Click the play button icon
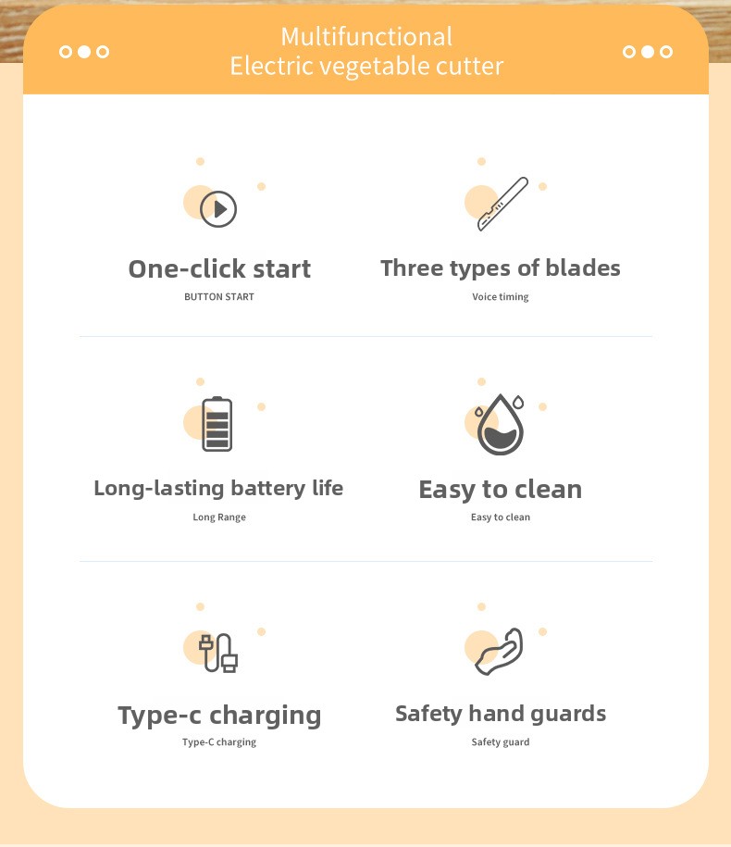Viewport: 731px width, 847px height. tap(218, 209)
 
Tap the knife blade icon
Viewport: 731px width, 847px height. tap(502, 204)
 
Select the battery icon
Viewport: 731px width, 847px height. tap(217, 424)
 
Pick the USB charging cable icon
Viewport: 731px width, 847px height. tap(218, 654)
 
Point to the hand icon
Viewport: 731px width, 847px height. tap(500, 652)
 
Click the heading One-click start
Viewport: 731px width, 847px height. tap(219, 269)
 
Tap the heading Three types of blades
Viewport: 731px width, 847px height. tap(501, 268)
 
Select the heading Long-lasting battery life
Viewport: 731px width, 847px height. tap(218, 489)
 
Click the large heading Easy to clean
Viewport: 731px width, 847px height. tap(501, 490)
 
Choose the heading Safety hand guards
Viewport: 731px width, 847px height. tap(501, 714)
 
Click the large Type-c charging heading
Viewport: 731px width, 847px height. tap(219, 716)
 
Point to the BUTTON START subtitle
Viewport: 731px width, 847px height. tap(219, 296)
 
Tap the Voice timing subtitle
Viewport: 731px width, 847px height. tap(501, 296)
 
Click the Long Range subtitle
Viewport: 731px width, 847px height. tap(219, 517)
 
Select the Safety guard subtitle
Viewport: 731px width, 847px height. tap(501, 741)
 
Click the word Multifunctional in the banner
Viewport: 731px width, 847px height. tap(366, 37)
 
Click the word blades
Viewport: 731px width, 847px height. tap(583, 268)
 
